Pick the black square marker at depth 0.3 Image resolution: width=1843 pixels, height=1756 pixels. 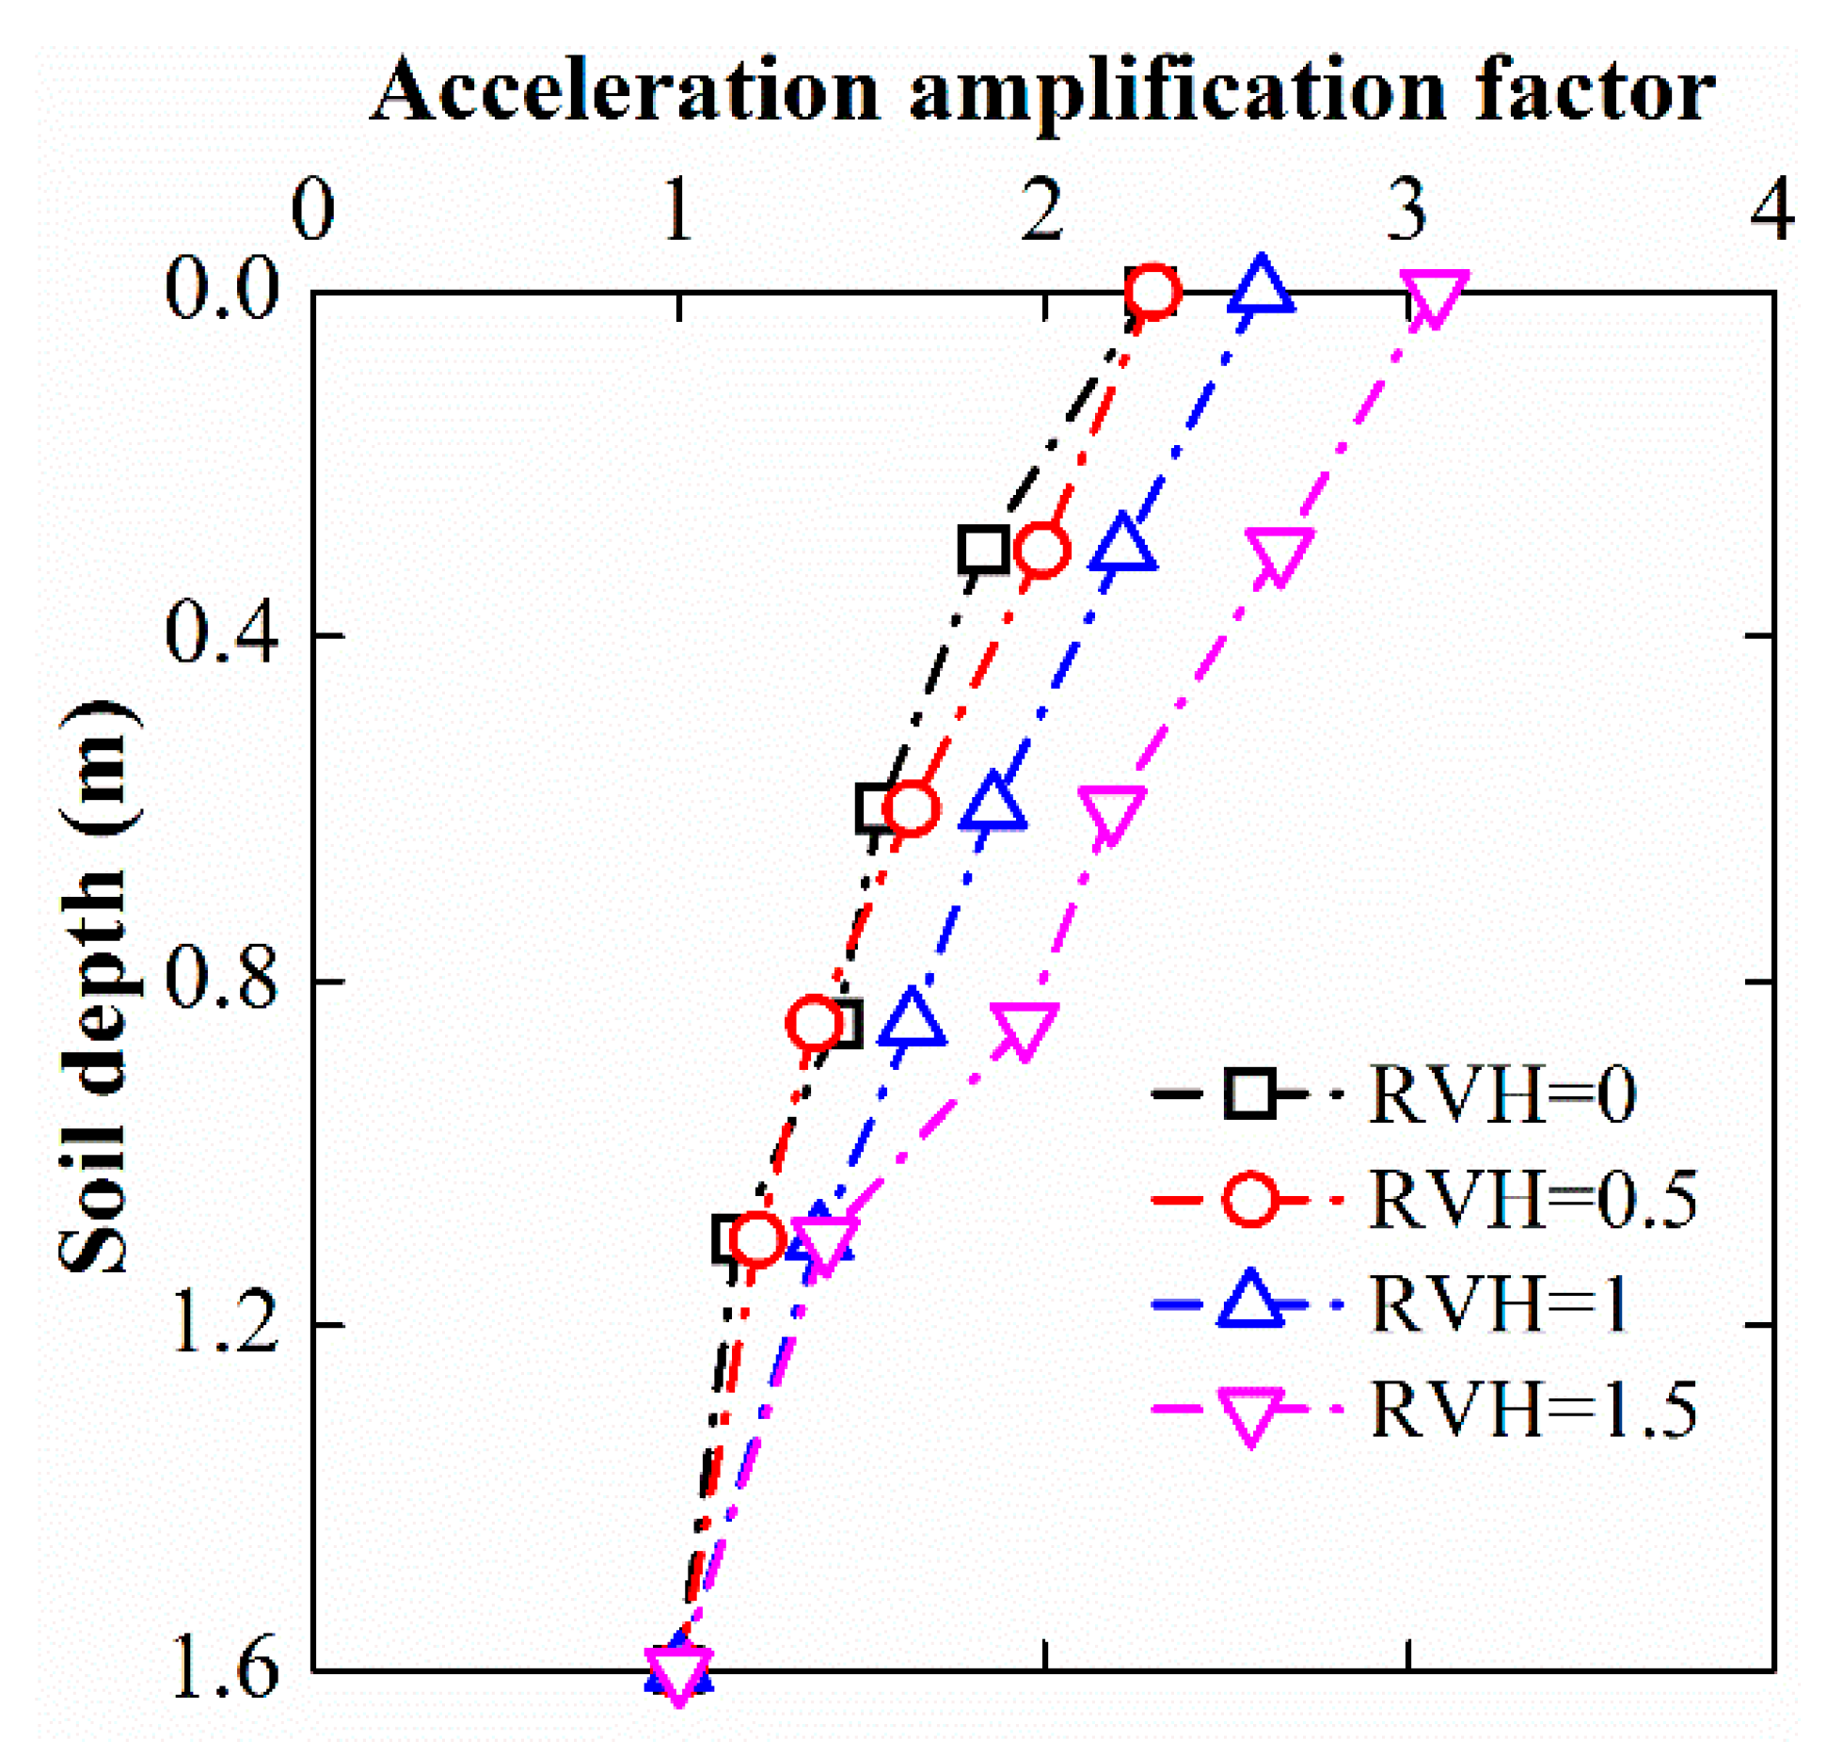984,550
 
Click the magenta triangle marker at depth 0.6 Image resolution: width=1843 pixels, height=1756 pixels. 1112,812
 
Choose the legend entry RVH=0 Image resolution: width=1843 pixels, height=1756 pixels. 1501,1095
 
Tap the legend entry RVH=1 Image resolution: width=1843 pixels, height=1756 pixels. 1500,1304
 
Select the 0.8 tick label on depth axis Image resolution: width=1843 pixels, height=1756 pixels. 223,981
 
